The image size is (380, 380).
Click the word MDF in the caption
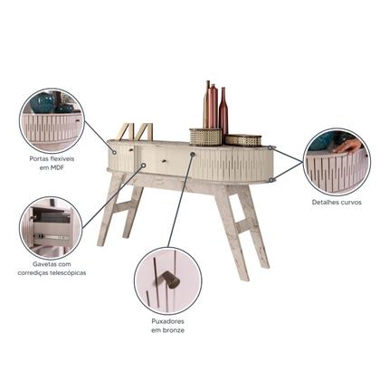(x=58, y=167)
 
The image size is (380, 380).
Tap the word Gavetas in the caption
(x=43, y=264)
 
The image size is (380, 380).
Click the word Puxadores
(x=167, y=321)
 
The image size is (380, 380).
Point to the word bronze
(x=174, y=330)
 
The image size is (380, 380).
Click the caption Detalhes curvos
(x=337, y=203)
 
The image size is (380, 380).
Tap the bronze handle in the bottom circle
(x=168, y=280)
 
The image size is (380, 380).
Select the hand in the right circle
(x=348, y=147)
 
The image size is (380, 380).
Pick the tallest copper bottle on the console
(x=207, y=104)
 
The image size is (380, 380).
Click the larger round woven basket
(x=205, y=137)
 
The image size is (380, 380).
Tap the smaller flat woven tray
(x=243, y=140)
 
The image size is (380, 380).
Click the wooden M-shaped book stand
(x=135, y=131)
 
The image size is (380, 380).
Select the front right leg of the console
(x=232, y=233)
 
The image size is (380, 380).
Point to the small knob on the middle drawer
(x=164, y=161)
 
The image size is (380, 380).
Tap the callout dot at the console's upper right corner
(x=271, y=147)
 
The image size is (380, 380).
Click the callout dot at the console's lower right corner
(x=271, y=180)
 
